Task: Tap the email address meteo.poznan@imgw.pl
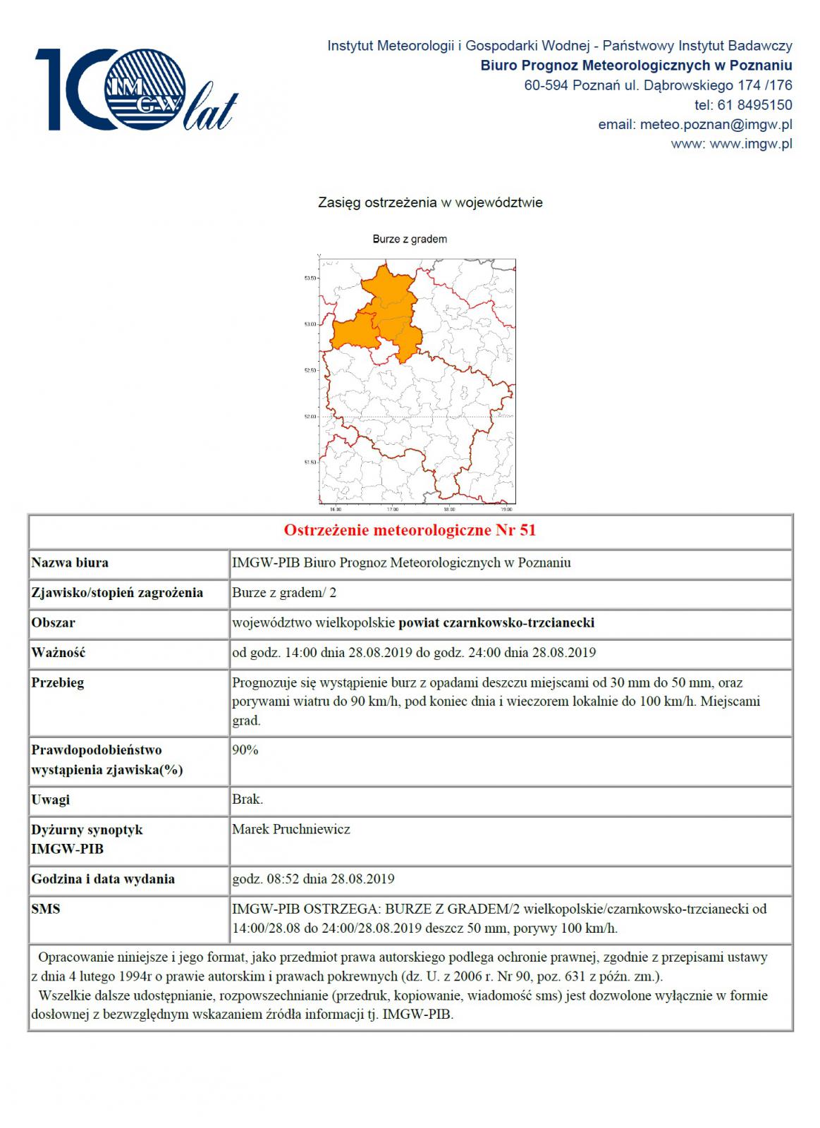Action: [x=716, y=125]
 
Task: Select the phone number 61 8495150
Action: [x=754, y=105]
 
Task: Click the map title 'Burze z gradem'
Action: [x=410, y=239]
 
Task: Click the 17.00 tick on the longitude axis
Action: [x=392, y=508]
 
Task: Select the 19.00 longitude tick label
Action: [x=506, y=508]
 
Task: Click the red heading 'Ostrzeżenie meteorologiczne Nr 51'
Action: [x=410, y=530]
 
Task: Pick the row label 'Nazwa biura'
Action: [x=70, y=563]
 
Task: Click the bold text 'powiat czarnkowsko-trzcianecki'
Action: [x=496, y=623]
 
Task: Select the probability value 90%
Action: [x=245, y=750]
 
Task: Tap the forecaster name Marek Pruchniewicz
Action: [x=291, y=829]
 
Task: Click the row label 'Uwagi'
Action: [x=50, y=799]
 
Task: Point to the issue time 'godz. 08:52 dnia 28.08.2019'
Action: [x=313, y=879]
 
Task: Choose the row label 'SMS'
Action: [x=46, y=909]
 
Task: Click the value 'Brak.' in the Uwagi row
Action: [x=247, y=799]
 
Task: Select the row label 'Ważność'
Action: [x=59, y=652]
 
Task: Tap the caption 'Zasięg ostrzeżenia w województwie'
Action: [x=430, y=202]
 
